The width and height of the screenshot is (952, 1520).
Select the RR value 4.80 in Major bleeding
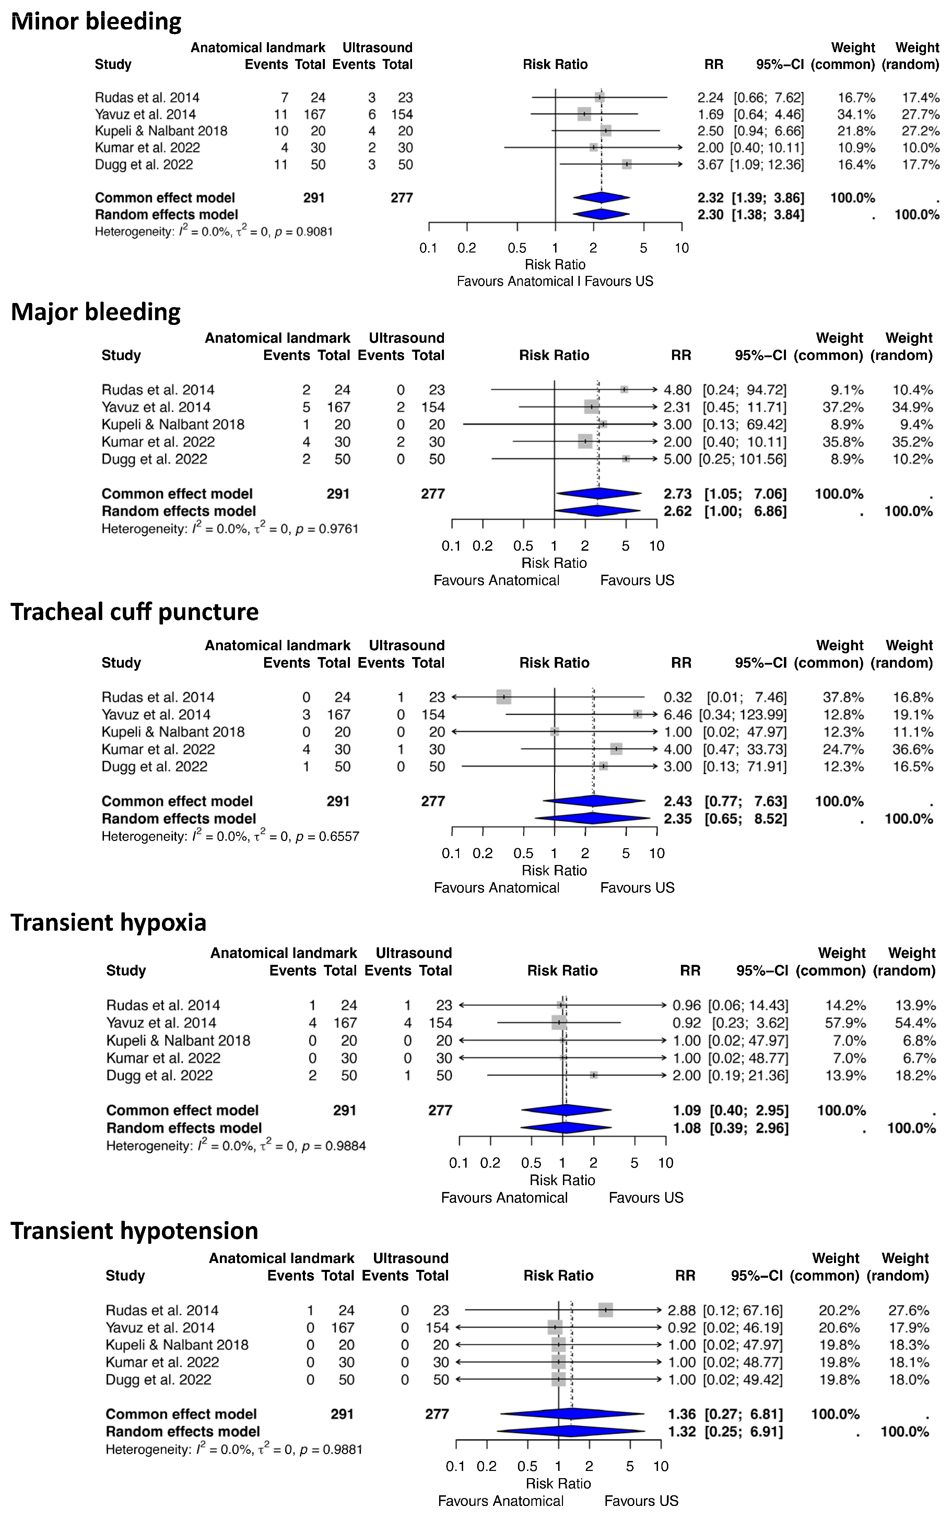coord(678,390)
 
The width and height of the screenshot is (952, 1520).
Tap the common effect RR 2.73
coord(678,494)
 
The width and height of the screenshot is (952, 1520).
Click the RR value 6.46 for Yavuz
coord(678,715)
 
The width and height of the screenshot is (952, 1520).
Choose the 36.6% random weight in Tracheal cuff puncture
coord(912,749)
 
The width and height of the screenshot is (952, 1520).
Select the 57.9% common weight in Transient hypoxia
coord(846,1022)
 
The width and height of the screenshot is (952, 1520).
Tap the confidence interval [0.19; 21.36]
coord(748,1075)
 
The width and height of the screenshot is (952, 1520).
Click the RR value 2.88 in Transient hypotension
coord(682,1310)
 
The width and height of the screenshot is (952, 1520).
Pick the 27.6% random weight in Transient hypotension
coord(908,1310)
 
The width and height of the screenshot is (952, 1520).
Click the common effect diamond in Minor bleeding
coord(601,198)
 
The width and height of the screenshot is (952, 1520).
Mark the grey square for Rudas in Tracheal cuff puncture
coord(504,697)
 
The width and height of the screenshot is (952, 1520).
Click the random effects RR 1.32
coord(682,1431)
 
